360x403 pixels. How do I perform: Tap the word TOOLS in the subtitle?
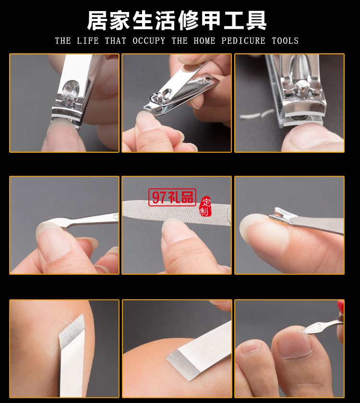[x=285, y=41]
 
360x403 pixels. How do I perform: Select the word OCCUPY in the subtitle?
[x=149, y=41]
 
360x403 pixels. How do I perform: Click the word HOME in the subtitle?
[x=204, y=41]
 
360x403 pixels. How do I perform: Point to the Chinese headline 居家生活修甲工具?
[x=177, y=21]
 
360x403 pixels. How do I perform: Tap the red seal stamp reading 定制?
[x=205, y=207]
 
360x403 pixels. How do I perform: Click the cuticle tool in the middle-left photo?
[x=86, y=222]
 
